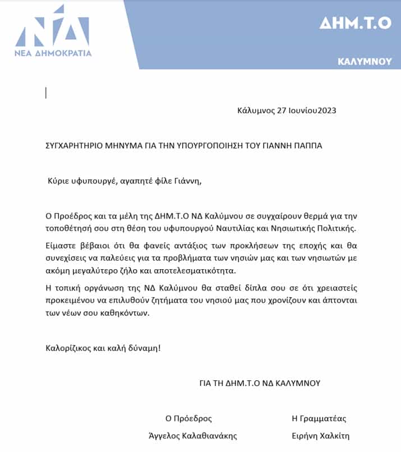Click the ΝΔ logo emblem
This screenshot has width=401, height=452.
tap(53, 27)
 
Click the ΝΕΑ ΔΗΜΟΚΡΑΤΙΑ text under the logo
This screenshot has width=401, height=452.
tap(53, 53)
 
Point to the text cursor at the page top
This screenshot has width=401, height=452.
tap(46, 93)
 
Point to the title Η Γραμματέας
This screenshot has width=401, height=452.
tap(319, 418)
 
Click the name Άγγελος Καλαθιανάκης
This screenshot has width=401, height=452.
tap(201, 436)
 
